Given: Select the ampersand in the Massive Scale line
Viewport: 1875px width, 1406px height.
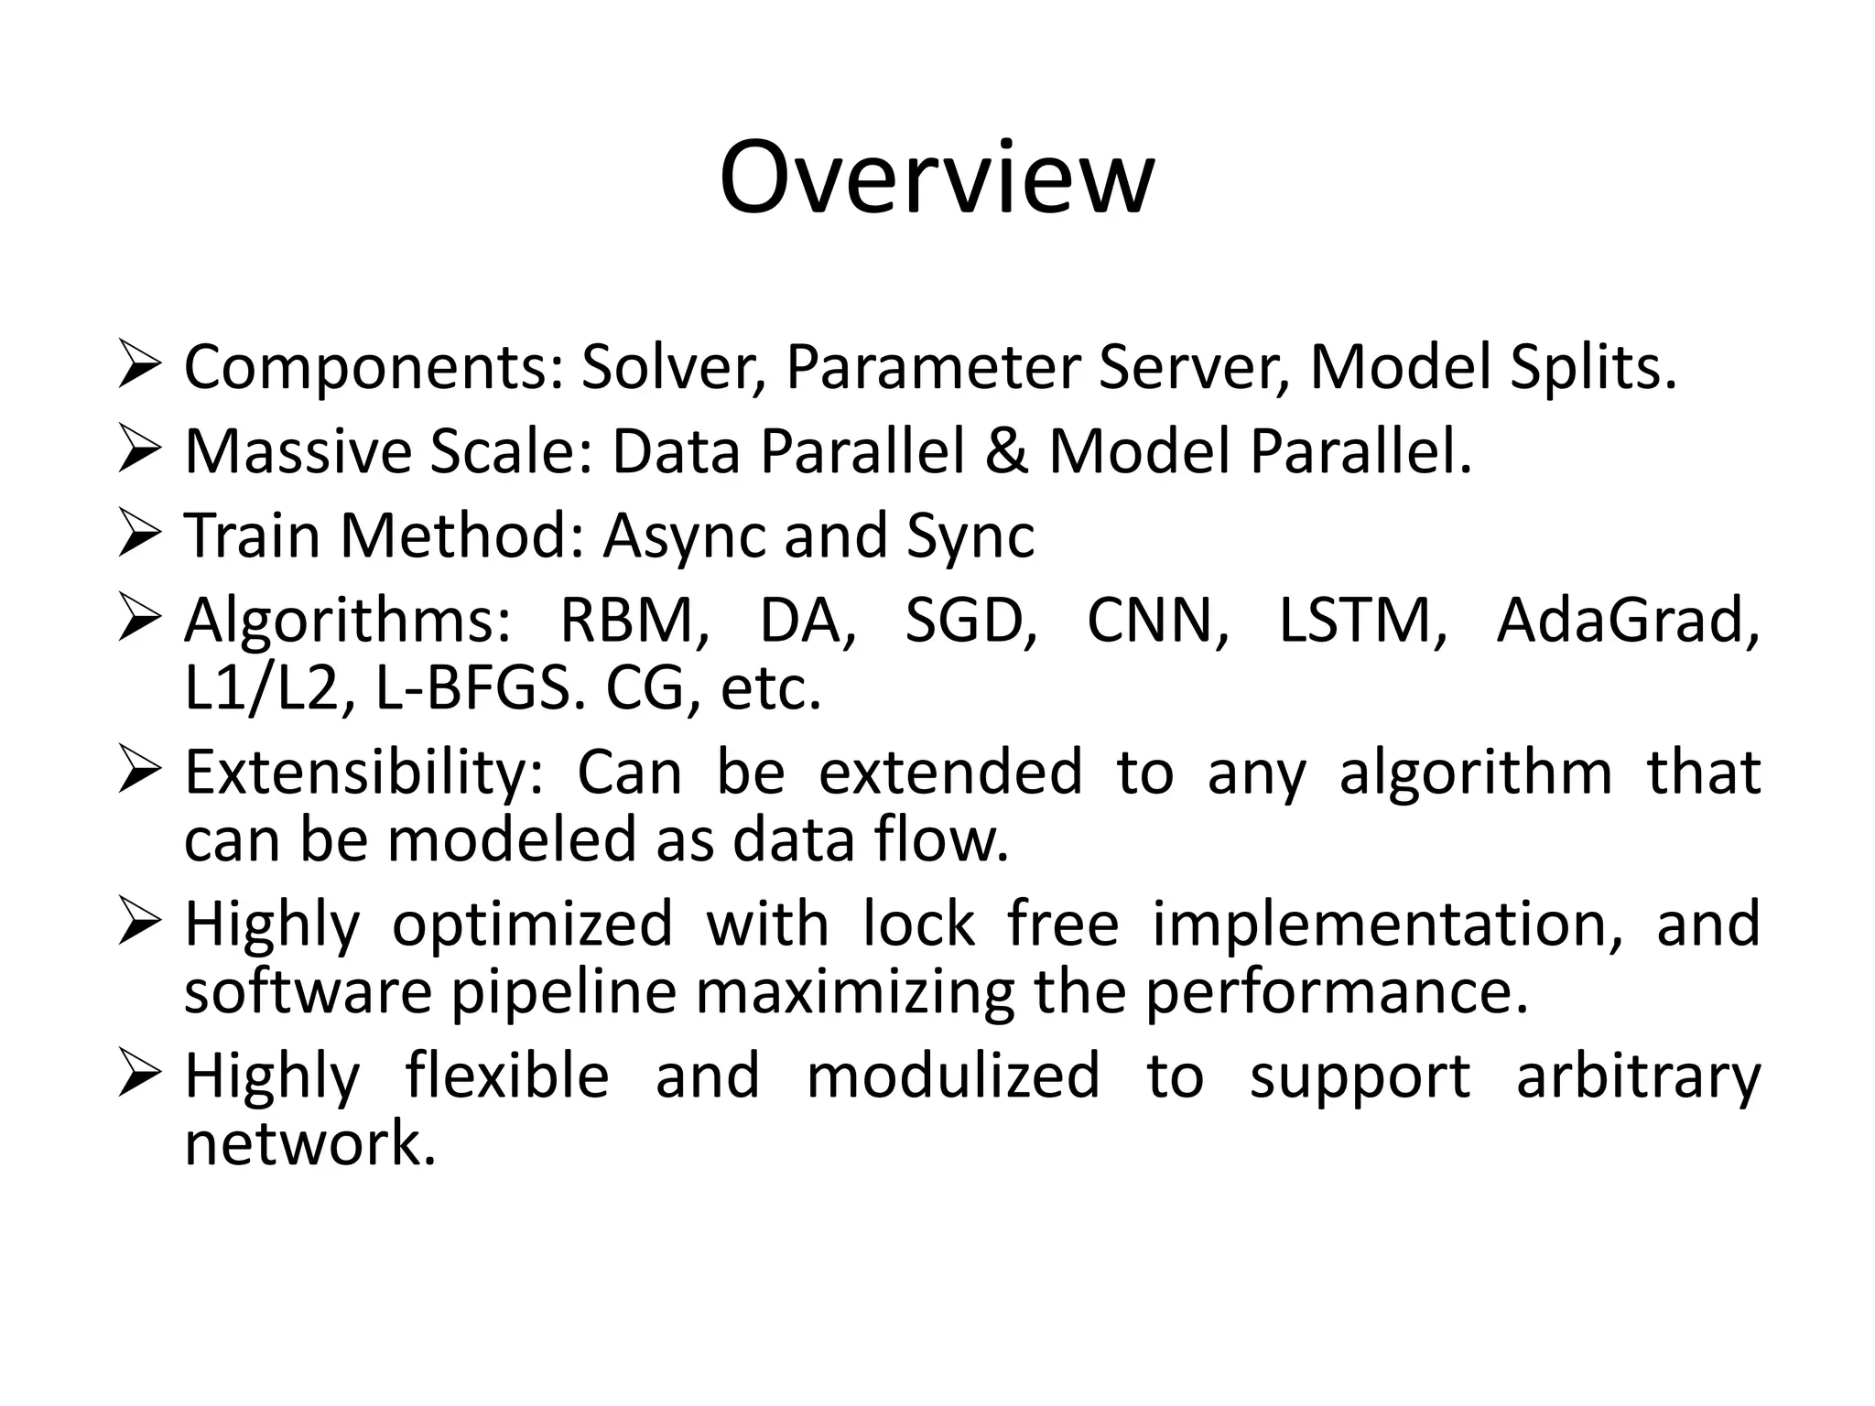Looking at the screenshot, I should tap(1006, 451).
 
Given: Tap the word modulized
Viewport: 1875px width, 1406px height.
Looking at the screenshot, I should tap(952, 1076).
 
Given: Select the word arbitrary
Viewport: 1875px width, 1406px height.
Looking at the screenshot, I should tap(1638, 1076).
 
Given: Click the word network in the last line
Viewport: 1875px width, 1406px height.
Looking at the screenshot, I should tap(309, 1144).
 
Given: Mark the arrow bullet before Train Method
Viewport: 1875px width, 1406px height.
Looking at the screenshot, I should tap(140, 535).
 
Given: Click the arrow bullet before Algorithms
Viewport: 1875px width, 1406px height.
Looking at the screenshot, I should tap(140, 620).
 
